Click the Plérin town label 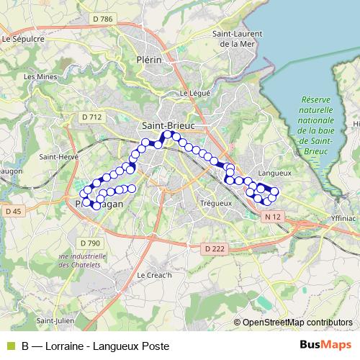click(148, 60)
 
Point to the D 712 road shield click(92, 117)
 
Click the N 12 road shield click(271, 216)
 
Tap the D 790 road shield click(88, 243)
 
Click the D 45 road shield click(13, 211)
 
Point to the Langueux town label click(273, 173)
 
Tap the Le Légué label click(194, 92)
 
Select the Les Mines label click(39, 76)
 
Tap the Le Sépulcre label click(24, 40)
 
